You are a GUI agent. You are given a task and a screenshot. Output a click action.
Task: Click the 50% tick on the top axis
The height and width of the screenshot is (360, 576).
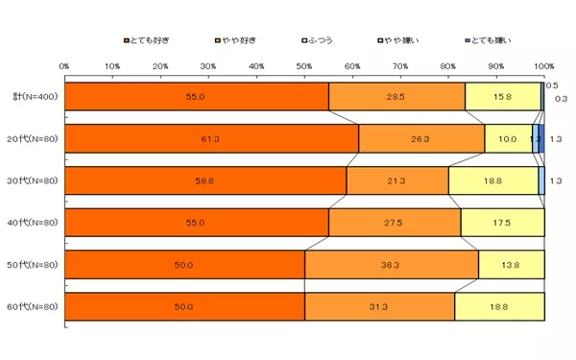[x=304, y=65]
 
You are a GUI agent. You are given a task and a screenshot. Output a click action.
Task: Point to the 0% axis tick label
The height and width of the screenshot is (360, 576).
[x=64, y=65]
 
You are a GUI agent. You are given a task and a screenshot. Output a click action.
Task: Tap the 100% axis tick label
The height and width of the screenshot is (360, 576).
[x=543, y=65]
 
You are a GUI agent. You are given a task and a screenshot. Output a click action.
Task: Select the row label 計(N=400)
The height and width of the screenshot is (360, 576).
[x=36, y=97]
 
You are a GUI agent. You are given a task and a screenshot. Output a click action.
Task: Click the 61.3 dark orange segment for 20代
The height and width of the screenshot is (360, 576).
[x=211, y=138]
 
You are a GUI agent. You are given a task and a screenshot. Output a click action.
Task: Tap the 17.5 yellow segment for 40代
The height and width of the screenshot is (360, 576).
[x=503, y=223]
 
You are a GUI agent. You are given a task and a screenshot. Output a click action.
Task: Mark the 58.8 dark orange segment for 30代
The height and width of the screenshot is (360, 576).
[x=205, y=180]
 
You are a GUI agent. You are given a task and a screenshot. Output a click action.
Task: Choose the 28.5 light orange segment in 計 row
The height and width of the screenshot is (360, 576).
[x=396, y=97]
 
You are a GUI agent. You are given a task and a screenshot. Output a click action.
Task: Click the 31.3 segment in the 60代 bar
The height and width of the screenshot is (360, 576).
[x=379, y=306]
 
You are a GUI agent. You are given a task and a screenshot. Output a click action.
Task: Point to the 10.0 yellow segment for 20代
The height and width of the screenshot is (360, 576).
[x=508, y=138]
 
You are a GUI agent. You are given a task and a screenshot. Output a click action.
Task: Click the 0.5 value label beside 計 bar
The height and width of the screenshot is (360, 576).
[x=552, y=85]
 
